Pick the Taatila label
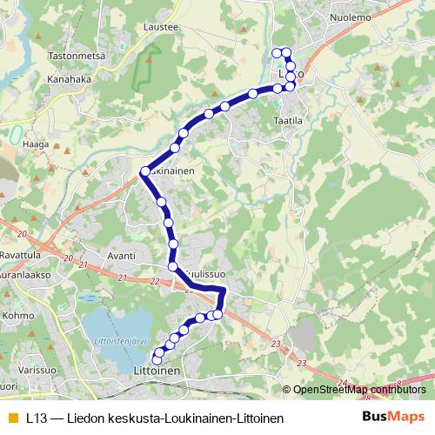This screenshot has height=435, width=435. (288, 121)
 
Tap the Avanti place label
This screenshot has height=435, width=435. (121, 256)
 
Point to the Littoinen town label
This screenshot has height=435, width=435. (157, 371)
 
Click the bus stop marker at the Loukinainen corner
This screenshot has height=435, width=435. (144, 172)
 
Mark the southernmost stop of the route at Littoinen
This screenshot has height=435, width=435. (157, 359)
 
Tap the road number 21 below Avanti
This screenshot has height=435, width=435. (122, 278)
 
